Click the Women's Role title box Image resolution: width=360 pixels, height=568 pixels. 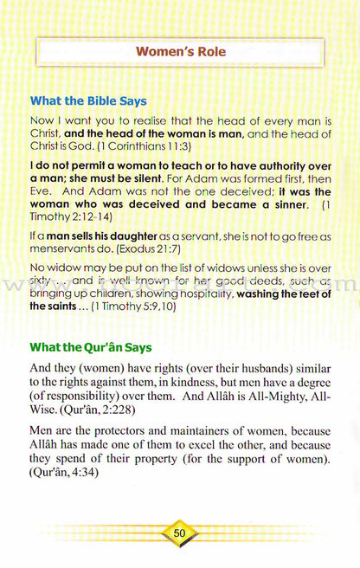[180, 52]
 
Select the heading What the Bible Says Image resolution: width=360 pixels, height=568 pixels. [88, 101]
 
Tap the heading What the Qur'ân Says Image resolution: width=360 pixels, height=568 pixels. [91, 347]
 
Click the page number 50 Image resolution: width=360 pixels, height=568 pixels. [180, 533]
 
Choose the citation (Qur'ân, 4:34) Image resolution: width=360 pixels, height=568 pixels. [63, 474]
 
